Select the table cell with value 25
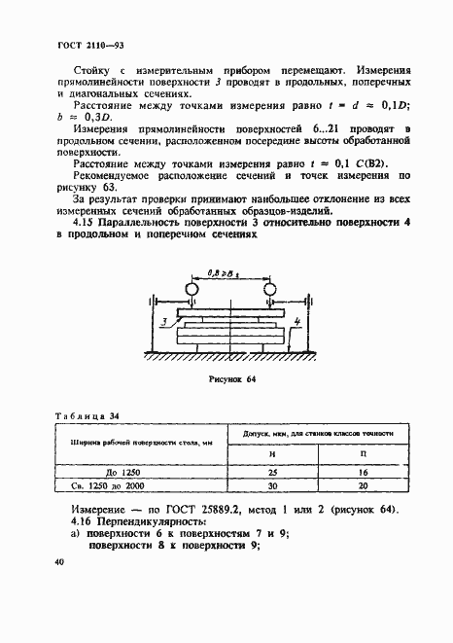tap(286, 471)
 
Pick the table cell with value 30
tap(286, 485)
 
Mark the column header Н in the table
tap(286, 454)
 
